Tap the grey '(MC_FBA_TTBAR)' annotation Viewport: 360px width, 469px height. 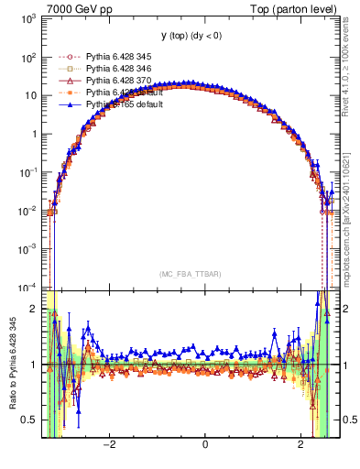(191, 274)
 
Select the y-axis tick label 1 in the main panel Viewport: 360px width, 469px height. (34, 134)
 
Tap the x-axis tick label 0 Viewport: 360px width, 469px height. (204, 445)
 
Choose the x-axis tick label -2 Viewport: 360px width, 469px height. (108, 445)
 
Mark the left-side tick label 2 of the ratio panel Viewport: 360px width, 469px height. (34, 310)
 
